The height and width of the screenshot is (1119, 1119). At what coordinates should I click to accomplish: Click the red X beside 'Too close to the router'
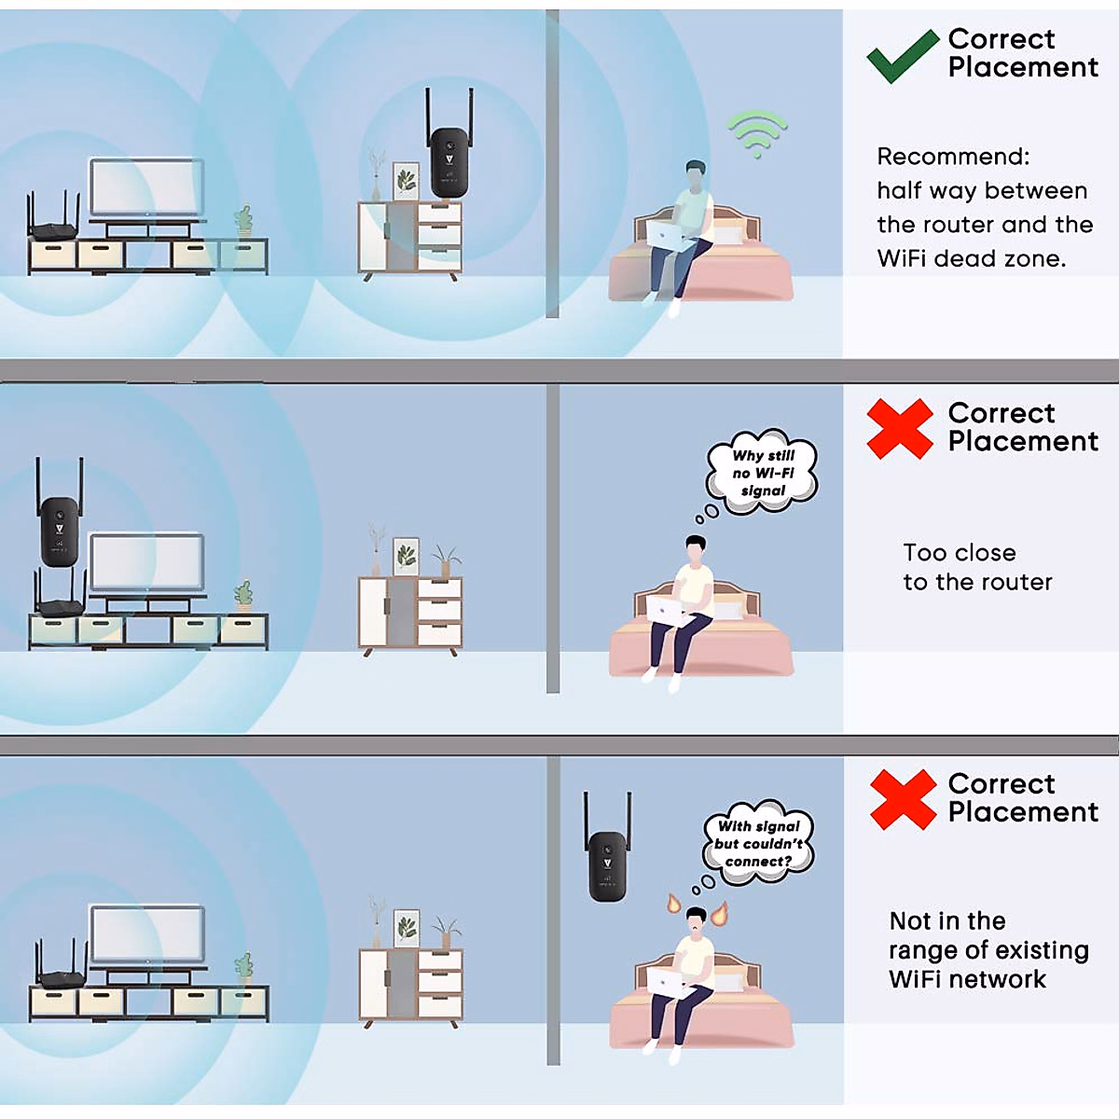point(899,429)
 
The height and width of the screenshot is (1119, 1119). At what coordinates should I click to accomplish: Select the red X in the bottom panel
point(902,800)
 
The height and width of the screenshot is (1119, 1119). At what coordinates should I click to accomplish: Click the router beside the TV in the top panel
point(54,224)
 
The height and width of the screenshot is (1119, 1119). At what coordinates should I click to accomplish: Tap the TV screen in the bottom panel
point(146,935)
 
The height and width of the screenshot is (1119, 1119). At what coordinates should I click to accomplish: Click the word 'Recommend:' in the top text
point(953,157)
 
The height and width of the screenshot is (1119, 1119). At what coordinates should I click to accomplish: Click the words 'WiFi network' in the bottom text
point(967,979)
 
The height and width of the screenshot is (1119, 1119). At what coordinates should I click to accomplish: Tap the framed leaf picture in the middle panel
point(406,556)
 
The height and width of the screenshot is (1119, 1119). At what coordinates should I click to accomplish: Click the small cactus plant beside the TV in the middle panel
point(243,594)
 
